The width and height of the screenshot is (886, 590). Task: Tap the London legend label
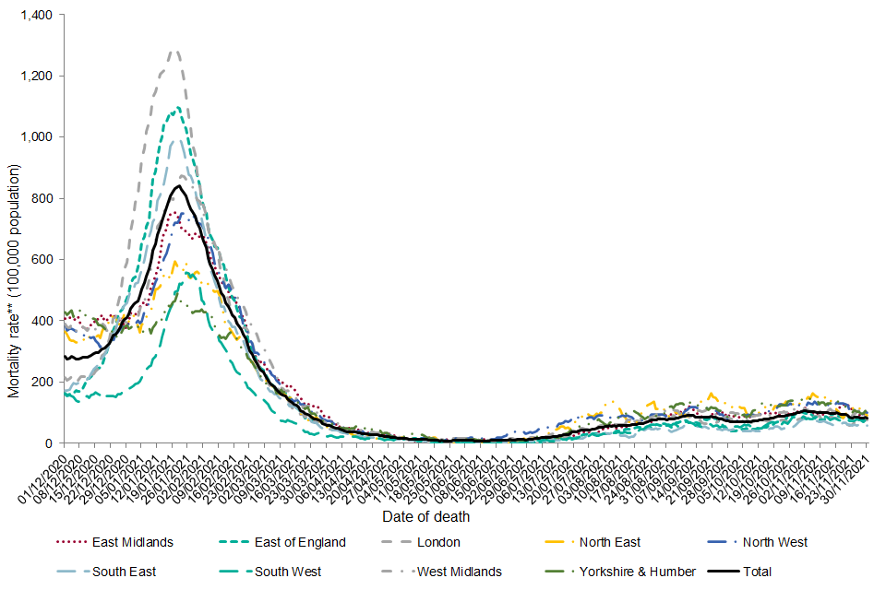[x=438, y=542]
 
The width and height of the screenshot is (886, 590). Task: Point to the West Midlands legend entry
[x=460, y=572]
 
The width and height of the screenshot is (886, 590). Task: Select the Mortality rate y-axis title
[x=14, y=281]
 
